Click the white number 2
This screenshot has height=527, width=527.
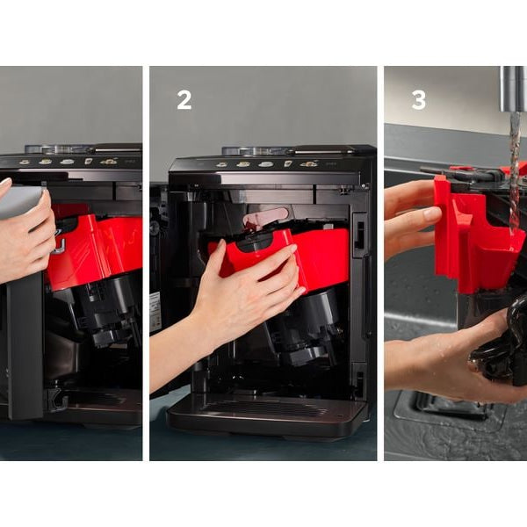(x=184, y=100)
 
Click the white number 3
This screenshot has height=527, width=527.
(x=419, y=100)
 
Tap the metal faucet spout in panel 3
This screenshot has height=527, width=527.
(x=514, y=89)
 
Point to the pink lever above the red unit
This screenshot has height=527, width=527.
(x=265, y=217)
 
